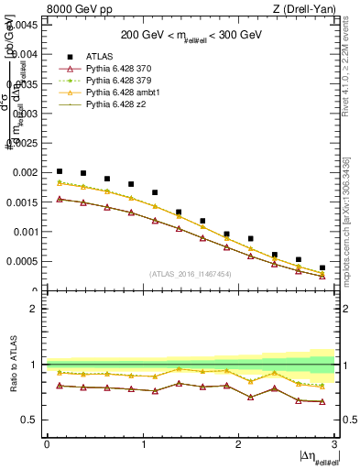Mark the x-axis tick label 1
[142, 444]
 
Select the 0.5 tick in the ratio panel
[30, 420]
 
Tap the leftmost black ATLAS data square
[60, 171]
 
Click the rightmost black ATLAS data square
[322, 267]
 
